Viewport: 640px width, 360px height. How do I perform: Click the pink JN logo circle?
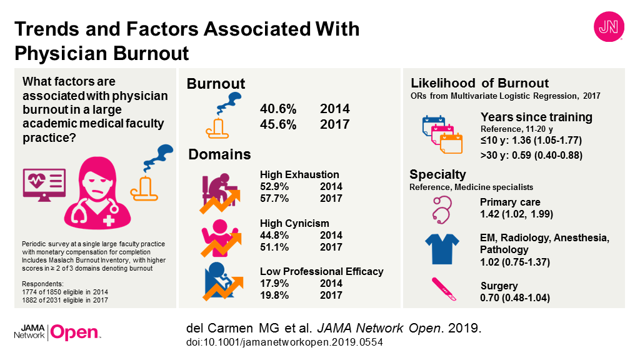click(607, 28)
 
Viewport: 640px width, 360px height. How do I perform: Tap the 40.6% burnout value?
click(279, 109)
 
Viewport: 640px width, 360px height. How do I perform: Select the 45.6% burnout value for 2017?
click(279, 124)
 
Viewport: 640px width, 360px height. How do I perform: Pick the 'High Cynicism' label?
click(293, 223)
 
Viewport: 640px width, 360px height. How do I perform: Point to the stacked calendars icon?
click(442, 133)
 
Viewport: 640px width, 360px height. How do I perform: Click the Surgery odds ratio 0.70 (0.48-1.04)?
click(515, 297)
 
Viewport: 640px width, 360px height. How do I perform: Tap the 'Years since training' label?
click(536, 117)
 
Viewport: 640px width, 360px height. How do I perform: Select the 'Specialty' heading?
click(437, 174)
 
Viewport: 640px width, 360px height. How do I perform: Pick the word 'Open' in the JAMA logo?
click(74, 333)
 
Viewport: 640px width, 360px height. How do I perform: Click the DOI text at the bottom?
click(284, 342)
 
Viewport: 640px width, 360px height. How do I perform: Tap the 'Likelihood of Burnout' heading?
click(479, 83)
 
